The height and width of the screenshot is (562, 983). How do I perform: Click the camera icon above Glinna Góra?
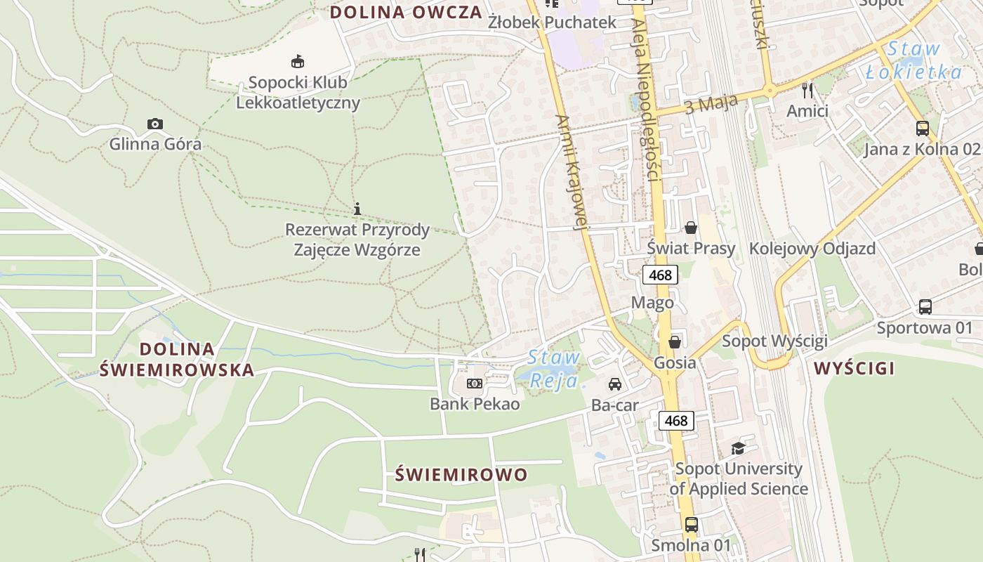click(155, 124)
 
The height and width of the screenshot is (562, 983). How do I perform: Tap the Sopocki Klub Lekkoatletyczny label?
click(298, 92)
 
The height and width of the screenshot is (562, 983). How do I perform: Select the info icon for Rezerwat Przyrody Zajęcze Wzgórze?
click(357, 209)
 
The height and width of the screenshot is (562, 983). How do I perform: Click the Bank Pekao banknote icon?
click(475, 384)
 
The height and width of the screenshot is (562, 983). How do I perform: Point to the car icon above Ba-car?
click(615, 384)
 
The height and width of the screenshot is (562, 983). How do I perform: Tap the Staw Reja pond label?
click(553, 368)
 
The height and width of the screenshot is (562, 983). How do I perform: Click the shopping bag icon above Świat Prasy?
click(691, 227)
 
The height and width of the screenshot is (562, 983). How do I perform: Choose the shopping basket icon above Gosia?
click(675, 342)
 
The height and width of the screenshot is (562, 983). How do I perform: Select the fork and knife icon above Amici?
click(807, 90)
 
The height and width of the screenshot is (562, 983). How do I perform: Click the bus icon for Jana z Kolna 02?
click(923, 129)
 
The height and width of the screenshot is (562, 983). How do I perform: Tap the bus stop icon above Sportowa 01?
click(925, 307)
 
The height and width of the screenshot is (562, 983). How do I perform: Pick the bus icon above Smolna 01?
click(692, 524)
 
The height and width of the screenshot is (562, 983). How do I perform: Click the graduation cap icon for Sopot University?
click(738, 448)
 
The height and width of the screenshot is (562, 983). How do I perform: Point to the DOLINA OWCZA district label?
click(406, 12)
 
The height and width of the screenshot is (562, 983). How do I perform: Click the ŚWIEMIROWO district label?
click(461, 475)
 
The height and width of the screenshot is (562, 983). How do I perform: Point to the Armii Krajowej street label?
click(569, 172)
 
